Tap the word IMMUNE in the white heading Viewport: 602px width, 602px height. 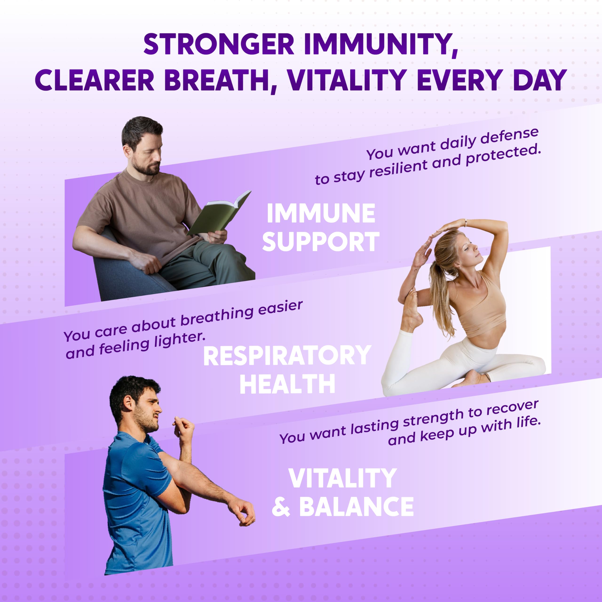(321, 214)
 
